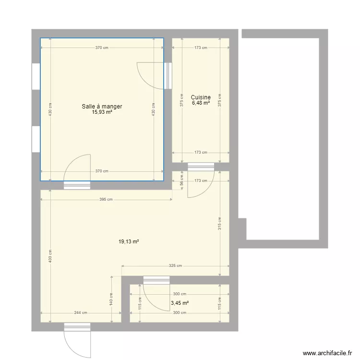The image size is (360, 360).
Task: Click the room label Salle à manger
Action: [102, 106]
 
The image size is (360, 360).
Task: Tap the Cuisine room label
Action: [201, 97]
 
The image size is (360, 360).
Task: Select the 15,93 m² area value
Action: [102, 112]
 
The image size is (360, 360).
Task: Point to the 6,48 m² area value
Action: [201, 103]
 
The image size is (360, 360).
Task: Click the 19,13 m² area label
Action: [129, 241]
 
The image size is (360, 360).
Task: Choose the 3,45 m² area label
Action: [180, 303]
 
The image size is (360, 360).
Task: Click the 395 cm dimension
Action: [106, 200]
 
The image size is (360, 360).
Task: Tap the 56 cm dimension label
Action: [181, 180]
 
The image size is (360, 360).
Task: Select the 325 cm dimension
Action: [175, 265]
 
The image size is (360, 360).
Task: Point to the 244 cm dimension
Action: [81, 312]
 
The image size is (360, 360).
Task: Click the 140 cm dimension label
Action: [111, 299]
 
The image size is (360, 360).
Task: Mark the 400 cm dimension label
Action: [50, 256]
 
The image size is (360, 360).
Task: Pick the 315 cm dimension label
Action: [220, 223]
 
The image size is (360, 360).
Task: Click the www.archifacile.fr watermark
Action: [327, 353]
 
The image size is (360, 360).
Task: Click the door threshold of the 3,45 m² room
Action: [156, 280]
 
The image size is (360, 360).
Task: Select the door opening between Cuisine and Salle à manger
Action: [168, 76]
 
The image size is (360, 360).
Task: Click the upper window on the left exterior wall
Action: [36, 76]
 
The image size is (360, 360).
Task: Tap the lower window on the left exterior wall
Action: [36, 139]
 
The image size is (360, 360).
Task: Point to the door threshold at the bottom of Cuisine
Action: [201, 167]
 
